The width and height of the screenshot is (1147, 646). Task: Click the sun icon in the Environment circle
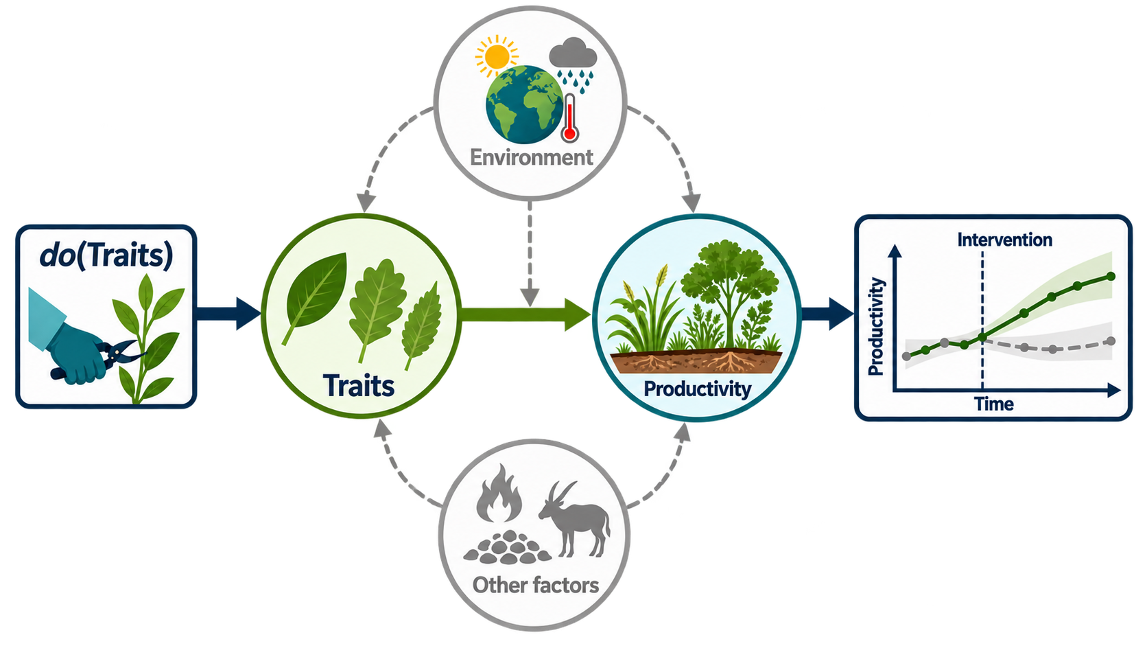pos(496,56)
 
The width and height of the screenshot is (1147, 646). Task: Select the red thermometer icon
pos(569,117)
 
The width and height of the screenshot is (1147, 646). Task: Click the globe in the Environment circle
pos(524,104)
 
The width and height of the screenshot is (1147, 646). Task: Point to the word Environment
pos(532,157)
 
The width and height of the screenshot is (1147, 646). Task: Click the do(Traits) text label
pos(106,255)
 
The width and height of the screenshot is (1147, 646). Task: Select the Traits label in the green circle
pos(359,386)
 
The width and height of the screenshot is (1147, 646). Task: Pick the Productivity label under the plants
pos(697,389)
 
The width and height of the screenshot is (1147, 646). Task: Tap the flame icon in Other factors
pos(498,493)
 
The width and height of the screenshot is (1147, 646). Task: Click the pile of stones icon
pos(507,547)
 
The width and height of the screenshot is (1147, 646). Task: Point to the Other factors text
pos(536,585)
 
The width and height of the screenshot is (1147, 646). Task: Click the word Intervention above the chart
pos(1004,240)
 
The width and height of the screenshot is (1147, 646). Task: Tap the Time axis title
pos(994,404)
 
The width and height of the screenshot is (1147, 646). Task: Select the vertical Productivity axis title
pos(876,327)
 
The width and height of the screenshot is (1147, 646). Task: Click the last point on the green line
pos(1111,277)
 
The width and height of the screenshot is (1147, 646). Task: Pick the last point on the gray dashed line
pos(1111,341)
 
